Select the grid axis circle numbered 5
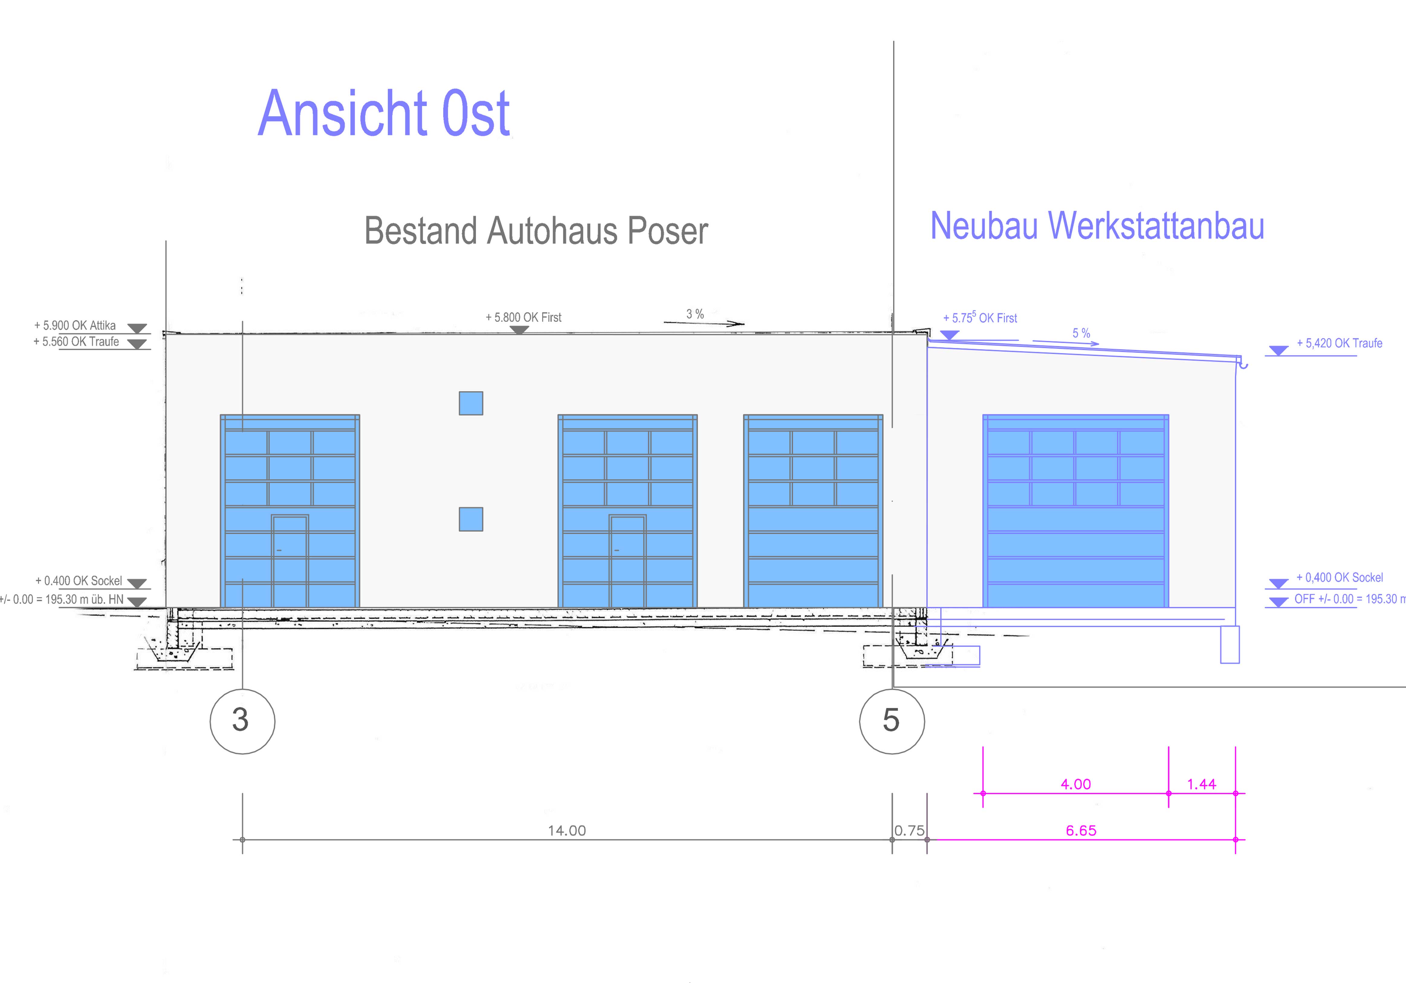pyautogui.click(x=892, y=721)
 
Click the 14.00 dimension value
pyautogui.click(x=566, y=830)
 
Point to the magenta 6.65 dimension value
pyautogui.click(x=1081, y=830)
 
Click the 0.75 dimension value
pyautogui.click(x=909, y=830)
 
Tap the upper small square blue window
pyautogui.click(x=471, y=403)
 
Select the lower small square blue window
pyautogui.click(x=471, y=519)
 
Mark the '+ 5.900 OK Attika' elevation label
pyautogui.click(x=75, y=325)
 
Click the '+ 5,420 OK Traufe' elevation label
pyautogui.click(x=1339, y=343)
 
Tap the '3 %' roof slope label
pyautogui.click(x=695, y=314)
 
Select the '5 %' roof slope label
pyautogui.click(x=1081, y=333)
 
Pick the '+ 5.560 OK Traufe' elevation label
pyautogui.click(x=76, y=342)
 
